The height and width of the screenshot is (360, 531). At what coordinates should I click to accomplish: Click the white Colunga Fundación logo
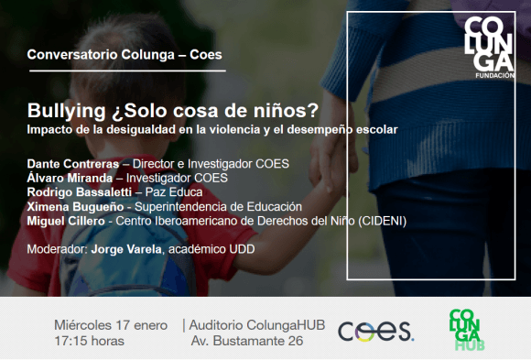[x=490, y=48]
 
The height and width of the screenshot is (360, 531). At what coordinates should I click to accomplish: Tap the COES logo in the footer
[x=376, y=332]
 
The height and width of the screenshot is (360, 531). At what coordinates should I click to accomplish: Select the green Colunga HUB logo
[x=467, y=330]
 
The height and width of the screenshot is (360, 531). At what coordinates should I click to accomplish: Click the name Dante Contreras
[x=73, y=164]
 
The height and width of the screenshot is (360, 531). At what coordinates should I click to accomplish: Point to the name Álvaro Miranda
[x=70, y=179]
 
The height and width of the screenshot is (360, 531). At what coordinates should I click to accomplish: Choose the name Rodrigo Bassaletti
[x=80, y=192]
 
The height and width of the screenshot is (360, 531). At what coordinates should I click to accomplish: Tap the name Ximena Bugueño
[x=75, y=207]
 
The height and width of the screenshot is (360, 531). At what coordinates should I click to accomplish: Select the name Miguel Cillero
[x=66, y=222]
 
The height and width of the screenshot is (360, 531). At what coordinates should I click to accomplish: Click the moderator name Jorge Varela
[x=126, y=249]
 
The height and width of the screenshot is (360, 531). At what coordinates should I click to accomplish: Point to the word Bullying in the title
[x=66, y=111]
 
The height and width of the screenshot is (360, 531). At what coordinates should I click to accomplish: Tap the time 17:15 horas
[x=89, y=341]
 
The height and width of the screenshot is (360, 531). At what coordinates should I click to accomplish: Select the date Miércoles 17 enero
[x=111, y=325]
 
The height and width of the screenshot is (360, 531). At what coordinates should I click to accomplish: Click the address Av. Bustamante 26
[x=247, y=341]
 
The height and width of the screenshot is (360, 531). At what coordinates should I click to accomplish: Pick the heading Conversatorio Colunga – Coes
[x=125, y=55]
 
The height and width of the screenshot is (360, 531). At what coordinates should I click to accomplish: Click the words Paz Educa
[x=174, y=192]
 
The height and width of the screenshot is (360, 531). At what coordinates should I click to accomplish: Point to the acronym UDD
[x=242, y=249]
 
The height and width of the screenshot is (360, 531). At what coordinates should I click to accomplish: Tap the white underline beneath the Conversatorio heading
[x=127, y=71]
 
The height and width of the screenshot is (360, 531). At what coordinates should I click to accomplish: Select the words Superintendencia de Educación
[x=218, y=207]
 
